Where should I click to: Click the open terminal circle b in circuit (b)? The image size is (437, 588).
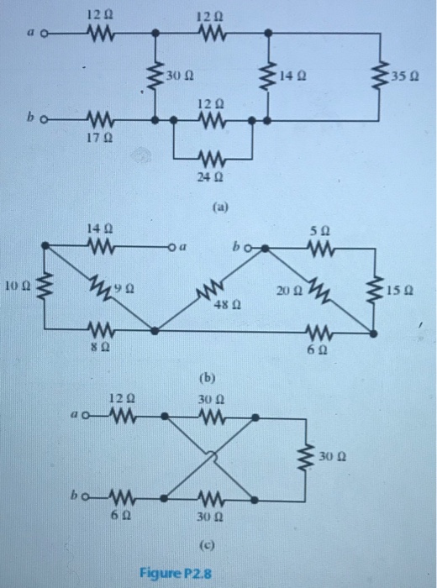(x=259, y=248)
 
